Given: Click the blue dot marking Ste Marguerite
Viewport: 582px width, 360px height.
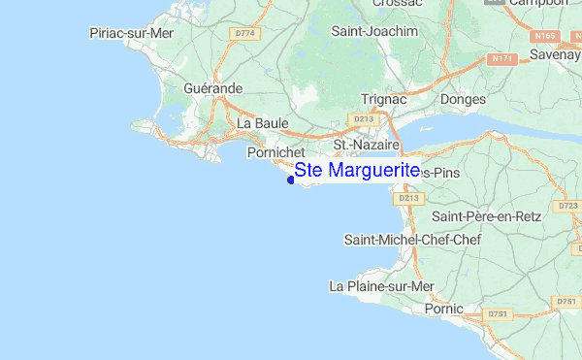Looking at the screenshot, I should pyautogui.click(x=291, y=179).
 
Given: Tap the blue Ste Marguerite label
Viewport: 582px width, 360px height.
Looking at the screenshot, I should pyautogui.click(x=357, y=171).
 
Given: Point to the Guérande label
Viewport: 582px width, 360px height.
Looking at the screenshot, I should pyautogui.click(x=212, y=88).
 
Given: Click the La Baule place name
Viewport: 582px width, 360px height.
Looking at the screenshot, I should pyautogui.click(x=259, y=123).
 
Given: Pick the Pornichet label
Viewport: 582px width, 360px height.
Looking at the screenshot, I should pyautogui.click(x=276, y=152).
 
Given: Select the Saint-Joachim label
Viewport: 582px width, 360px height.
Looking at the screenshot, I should pyautogui.click(x=373, y=31).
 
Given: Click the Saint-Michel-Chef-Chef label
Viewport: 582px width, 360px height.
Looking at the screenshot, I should pyautogui.click(x=407, y=239).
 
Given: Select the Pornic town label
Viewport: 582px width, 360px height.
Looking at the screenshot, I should pyautogui.click(x=445, y=309).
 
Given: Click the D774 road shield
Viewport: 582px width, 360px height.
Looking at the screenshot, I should pyautogui.click(x=247, y=33).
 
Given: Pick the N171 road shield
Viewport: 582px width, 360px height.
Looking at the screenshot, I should pyautogui.click(x=501, y=58).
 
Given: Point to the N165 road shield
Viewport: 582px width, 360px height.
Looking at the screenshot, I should pyautogui.click(x=543, y=36).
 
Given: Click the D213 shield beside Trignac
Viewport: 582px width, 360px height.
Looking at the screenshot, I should pyautogui.click(x=364, y=118).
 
